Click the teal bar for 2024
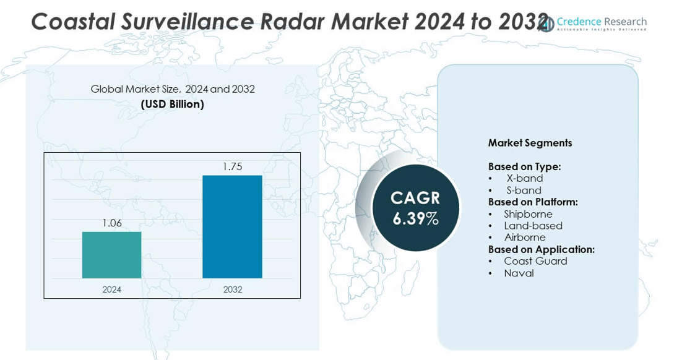111,255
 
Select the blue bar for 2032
232,226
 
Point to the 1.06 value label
112,223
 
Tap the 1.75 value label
232,167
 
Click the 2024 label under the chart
112,289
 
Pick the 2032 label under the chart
233,289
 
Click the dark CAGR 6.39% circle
415,208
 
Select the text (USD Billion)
172,104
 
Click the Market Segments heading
530,143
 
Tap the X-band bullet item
524,178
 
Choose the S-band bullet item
524,190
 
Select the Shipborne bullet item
528,214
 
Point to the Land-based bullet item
533,226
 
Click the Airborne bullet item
525,238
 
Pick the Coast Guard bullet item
535,261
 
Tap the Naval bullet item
519,273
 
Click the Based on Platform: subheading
532,202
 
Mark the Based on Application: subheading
541,249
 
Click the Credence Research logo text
601,22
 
